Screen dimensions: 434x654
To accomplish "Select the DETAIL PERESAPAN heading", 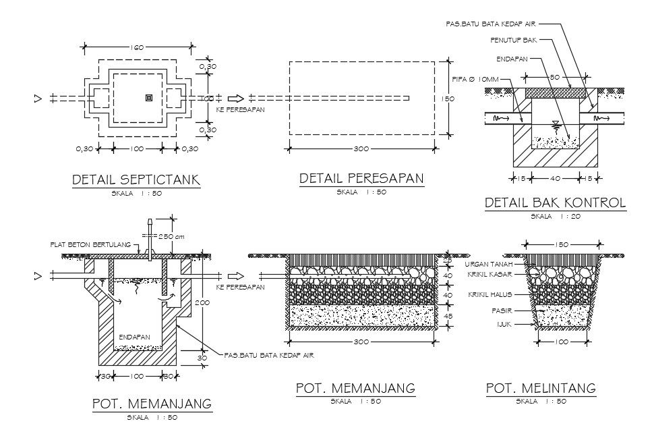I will [x=361, y=178].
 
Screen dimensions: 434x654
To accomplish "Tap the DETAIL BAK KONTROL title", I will [x=556, y=202].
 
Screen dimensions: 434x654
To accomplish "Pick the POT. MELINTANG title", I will [x=541, y=388].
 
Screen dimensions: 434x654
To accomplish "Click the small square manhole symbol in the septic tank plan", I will [x=149, y=99].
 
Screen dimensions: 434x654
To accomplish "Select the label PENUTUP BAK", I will [x=509, y=40].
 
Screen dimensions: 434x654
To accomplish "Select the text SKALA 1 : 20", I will [x=556, y=217].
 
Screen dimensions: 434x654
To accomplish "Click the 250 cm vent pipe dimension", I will [x=171, y=236].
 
